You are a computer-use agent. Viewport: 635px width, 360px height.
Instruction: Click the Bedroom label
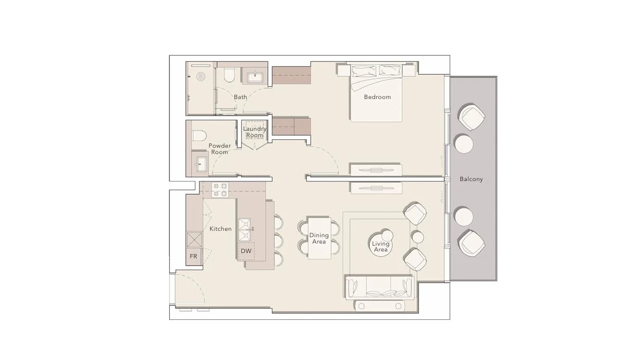point(377,97)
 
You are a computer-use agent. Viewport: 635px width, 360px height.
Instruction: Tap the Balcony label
point(471,179)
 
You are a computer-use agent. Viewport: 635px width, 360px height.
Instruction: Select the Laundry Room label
point(254,132)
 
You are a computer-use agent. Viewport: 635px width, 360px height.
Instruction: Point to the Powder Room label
point(219,149)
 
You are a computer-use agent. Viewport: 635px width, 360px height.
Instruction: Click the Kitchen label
point(220,229)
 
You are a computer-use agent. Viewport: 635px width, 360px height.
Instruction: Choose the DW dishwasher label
point(246,251)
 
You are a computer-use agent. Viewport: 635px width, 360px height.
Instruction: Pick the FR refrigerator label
point(194,256)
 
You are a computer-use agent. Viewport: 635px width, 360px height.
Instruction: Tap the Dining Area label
point(319,238)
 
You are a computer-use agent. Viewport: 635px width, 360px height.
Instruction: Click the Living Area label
point(380,247)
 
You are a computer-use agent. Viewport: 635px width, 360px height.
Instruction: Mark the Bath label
point(240,97)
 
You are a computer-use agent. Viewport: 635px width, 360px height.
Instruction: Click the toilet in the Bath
point(229,76)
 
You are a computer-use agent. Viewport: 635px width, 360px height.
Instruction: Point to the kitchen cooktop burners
point(220,190)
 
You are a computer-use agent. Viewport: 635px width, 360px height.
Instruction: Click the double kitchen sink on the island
point(245,229)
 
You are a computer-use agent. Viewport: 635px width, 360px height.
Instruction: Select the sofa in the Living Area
point(378,287)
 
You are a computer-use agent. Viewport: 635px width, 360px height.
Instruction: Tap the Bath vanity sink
point(256,76)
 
